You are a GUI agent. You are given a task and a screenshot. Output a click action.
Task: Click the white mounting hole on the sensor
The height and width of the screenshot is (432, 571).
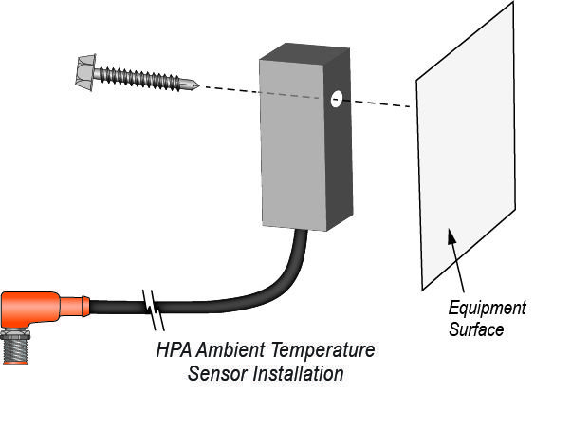(335, 98)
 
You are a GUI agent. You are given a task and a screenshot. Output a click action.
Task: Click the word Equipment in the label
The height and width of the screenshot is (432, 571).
(487, 309)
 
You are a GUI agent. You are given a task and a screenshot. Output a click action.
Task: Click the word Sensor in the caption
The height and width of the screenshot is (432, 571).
(214, 373)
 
